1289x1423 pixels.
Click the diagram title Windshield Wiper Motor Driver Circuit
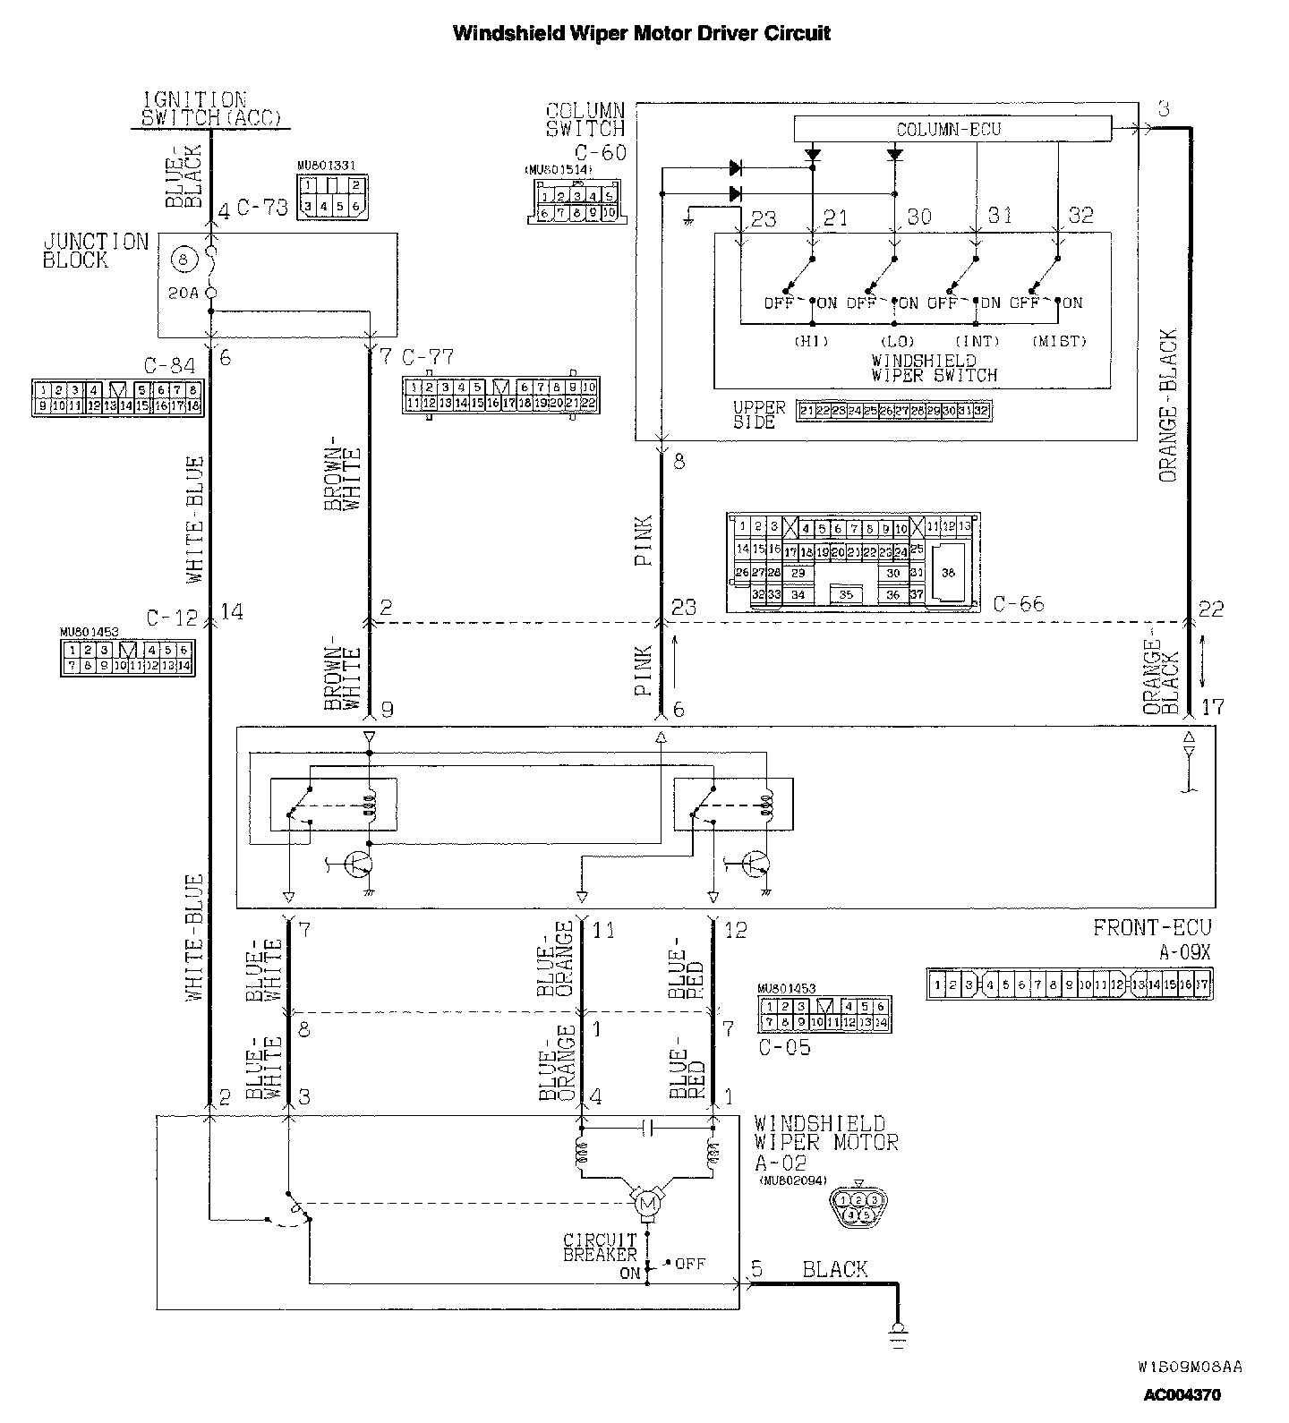642,34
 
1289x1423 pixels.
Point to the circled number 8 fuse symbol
184,260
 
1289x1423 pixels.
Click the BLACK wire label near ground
834,1269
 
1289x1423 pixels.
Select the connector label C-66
1019,604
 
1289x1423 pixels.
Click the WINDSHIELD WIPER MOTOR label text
824,1133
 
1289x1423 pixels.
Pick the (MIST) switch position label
1059,341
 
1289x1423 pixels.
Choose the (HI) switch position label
811,341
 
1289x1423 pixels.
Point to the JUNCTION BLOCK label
95,251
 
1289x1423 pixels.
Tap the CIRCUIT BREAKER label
600,1248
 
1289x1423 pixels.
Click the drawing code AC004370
1182,1394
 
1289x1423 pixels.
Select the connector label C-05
784,1047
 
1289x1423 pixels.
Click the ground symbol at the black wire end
896,1334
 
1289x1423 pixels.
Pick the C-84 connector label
169,365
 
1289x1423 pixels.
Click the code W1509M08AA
1190,1368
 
